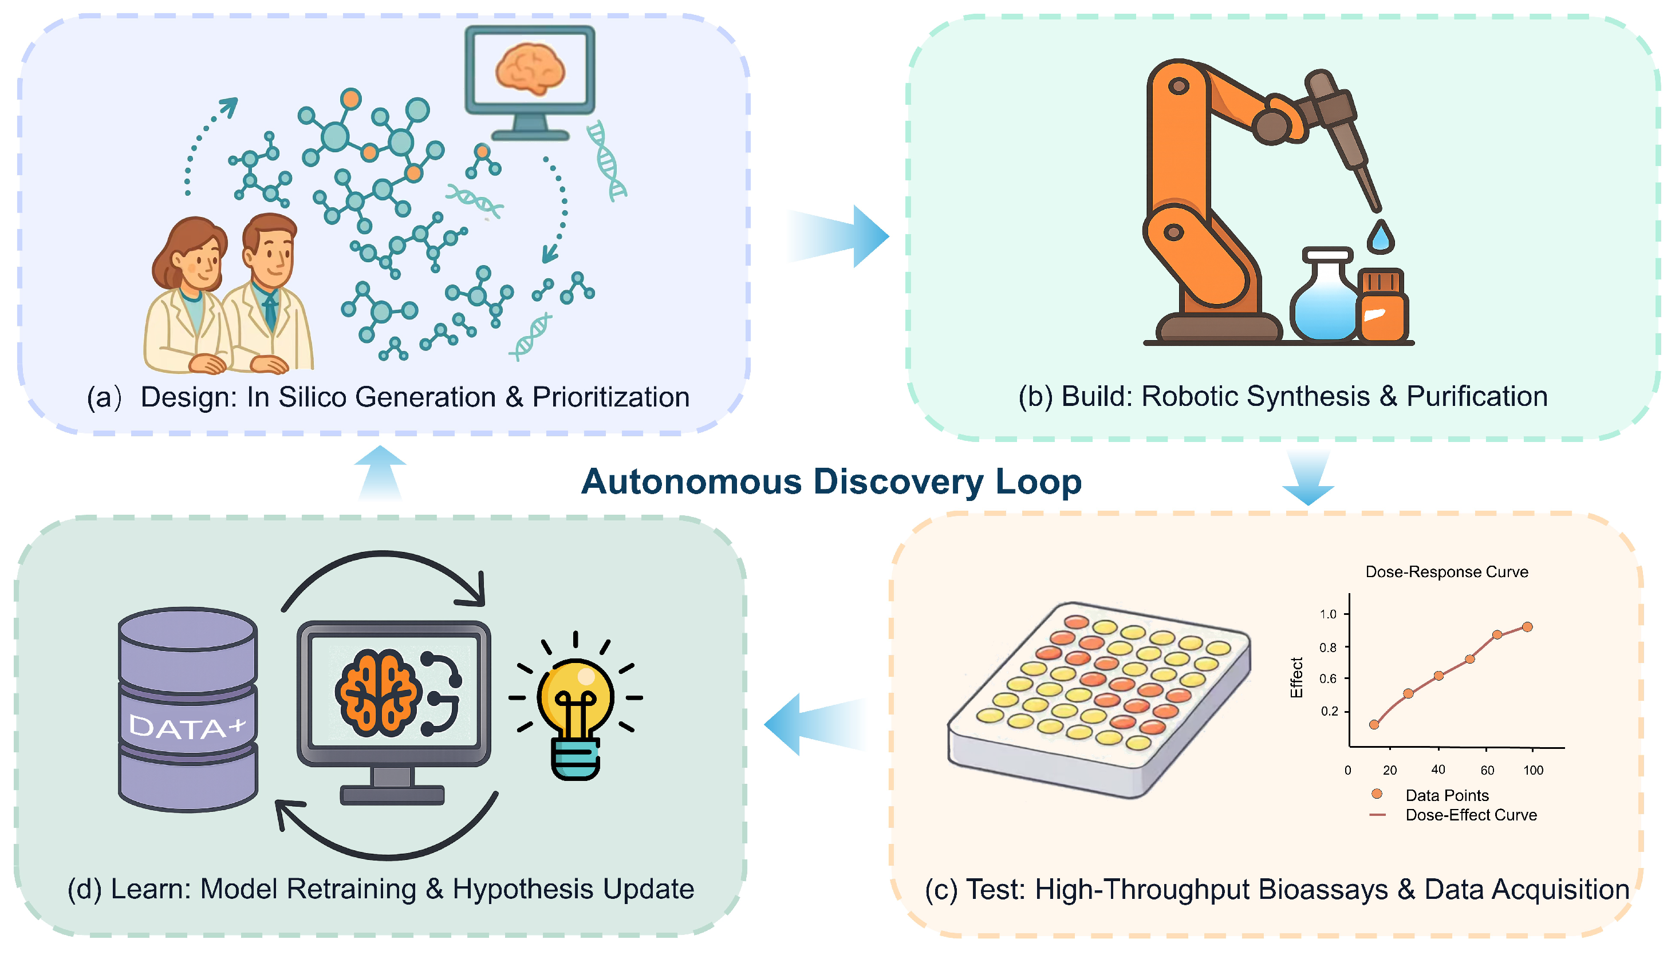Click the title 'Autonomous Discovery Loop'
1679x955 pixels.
pos(831,482)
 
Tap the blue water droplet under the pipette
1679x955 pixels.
pos(1380,238)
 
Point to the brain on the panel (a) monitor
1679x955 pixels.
pos(530,68)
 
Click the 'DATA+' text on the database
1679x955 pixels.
pos(187,727)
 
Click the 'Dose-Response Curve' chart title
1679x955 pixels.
pos(1446,572)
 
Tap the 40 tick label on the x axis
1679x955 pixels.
pos(1438,769)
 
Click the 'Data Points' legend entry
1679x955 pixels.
pos(1446,796)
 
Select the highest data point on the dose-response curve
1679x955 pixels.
pos(1527,627)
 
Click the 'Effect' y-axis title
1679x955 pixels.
pos(1296,677)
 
